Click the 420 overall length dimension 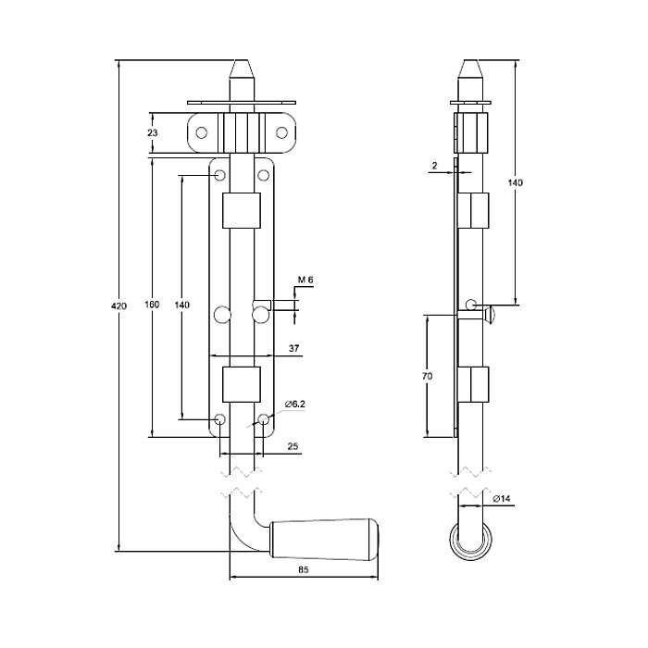tap(119, 306)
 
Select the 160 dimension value tap(152, 305)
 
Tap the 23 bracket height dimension tap(153, 132)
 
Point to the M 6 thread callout tap(305, 280)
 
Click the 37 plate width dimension tap(293, 348)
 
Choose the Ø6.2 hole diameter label tap(295, 405)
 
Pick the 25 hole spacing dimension tap(293, 446)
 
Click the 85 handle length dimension tap(304, 570)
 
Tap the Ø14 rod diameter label tap(502, 498)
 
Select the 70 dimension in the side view tap(428, 376)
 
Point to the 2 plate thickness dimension tap(434, 166)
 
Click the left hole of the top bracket tap(201, 133)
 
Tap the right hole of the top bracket tap(281, 133)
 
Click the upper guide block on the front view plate tap(242, 210)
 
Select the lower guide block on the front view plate tap(242, 384)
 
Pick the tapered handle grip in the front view tap(324, 540)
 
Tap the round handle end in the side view tap(470, 541)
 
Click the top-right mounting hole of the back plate tap(263, 176)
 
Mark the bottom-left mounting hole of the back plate tap(220, 420)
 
